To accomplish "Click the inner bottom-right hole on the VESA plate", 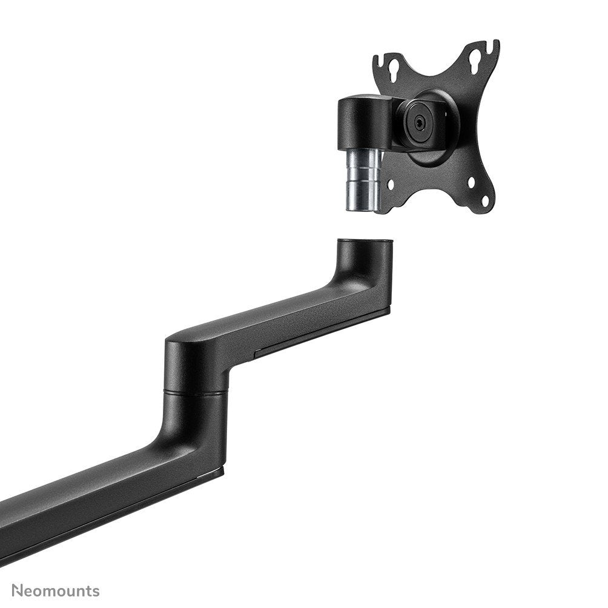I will tap(472, 181).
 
